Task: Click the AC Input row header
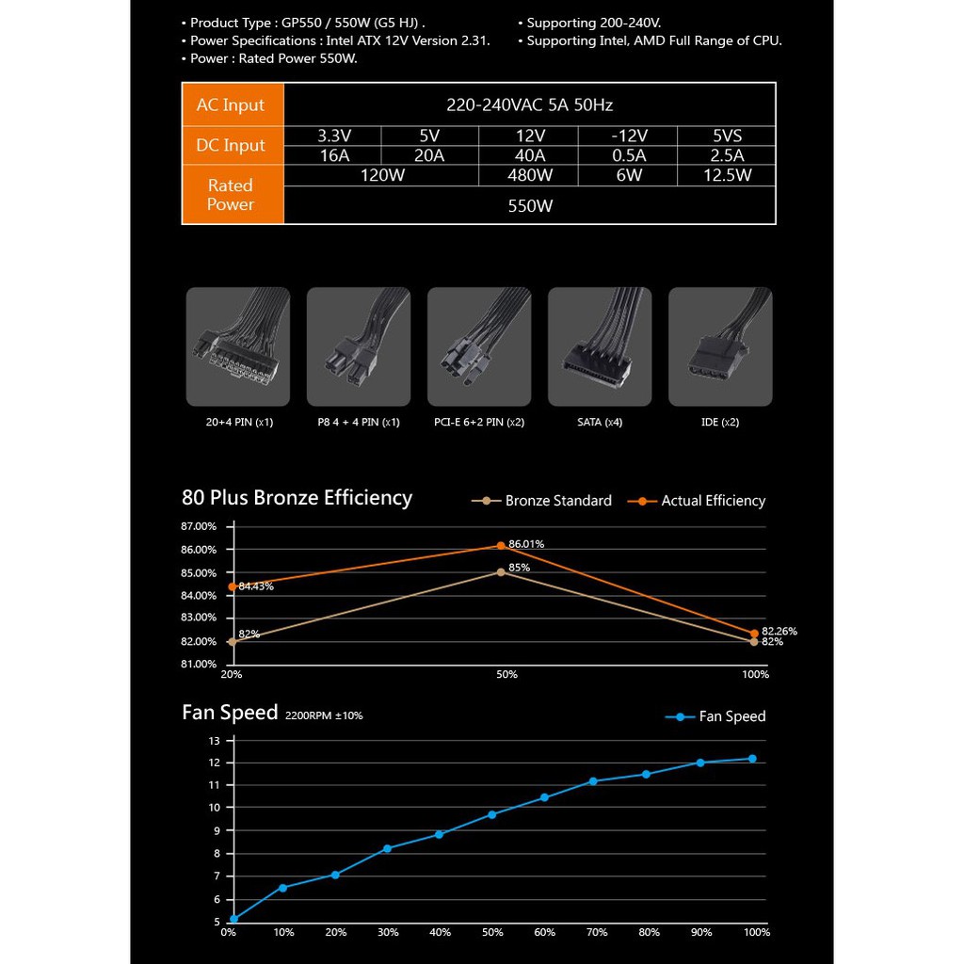231,104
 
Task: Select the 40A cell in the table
530,155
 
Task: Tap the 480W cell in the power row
530,175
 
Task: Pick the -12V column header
628,135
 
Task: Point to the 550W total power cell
530,205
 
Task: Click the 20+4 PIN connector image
237,346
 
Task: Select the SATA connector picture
600,346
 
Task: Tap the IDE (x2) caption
720,422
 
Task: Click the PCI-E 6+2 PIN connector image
479,346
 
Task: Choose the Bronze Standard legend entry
542,501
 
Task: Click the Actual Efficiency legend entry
701,501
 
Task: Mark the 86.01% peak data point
501,546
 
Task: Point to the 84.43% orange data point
233,586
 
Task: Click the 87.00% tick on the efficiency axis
199,526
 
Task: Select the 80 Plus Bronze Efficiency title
297,497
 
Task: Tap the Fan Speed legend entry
716,716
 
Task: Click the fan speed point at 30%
387,848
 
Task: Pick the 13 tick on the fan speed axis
214,740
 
